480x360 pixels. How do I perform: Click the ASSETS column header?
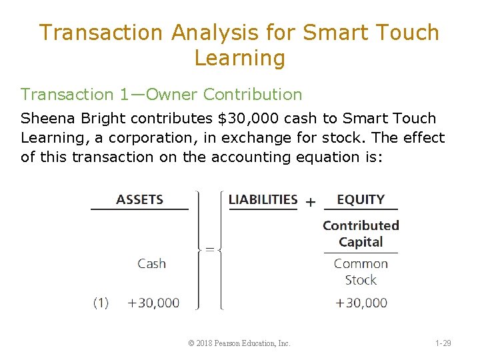(x=139, y=199)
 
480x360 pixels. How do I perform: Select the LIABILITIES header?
(x=263, y=199)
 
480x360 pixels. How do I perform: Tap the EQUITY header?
(x=361, y=199)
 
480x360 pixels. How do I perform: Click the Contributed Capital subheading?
(x=361, y=233)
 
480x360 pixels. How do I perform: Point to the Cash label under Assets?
(x=151, y=263)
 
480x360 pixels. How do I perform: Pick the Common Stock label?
(x=361, y=271)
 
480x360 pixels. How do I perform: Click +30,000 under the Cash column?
(x=153, y=303)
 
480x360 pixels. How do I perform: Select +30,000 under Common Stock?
(x=361, y=303)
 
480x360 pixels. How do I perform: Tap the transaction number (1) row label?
(x=101, y=303)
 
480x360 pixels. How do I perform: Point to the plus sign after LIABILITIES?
(x=310, y=201)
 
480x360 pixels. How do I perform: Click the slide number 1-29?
(x=443, y=343)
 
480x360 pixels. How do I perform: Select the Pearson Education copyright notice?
(x=239, y=343)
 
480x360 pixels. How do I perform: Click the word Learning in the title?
(x=239, y=58)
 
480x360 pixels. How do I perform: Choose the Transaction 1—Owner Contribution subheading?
(x=161, y=95)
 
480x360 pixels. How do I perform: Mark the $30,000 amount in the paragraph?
(x=245, y=119)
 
